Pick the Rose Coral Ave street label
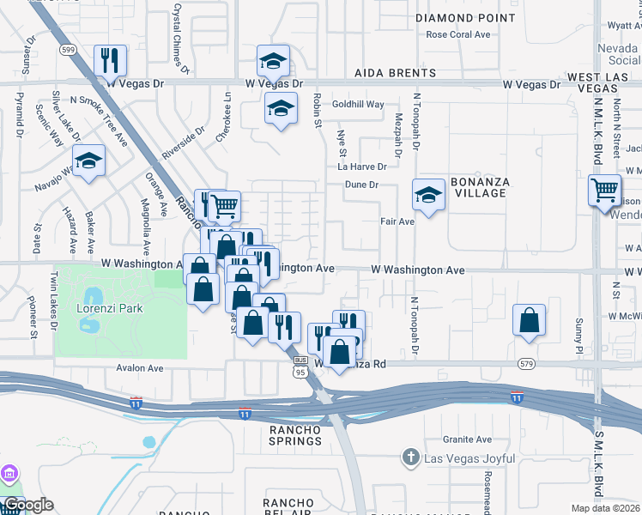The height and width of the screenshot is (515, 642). click(x=457, y=35)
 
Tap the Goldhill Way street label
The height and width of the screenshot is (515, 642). click(x=358, y=104)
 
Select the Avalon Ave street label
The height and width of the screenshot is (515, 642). click(x=140, y=368)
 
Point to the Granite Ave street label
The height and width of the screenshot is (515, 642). click(x=467, y=439)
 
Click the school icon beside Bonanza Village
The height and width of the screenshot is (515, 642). click(x=428, y=195)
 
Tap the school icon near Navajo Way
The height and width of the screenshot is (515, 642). click(x=88, y=161)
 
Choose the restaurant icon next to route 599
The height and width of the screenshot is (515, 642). click(x=110, y=59)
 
